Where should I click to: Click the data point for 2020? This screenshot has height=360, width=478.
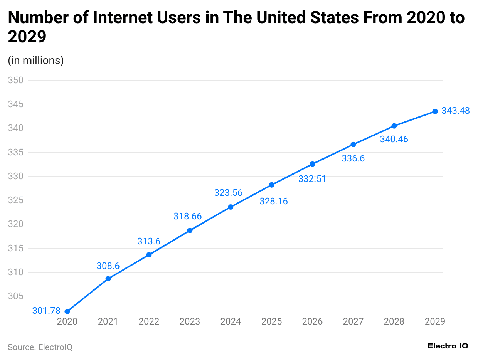tap(67, 311)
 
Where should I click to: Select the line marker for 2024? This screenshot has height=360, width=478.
tap(231, 207)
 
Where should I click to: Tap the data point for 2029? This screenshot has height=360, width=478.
tap(435, 111)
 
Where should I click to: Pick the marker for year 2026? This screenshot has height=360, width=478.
tap(312, 164)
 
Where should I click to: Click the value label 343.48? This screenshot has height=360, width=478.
tap(456, 111)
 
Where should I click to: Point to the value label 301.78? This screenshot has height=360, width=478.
tap(46, 311)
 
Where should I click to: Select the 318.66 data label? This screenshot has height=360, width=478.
tap(187, 217)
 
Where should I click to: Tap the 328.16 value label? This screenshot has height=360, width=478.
tap(273, 201)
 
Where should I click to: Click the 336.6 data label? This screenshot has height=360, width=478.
tap(353, 159)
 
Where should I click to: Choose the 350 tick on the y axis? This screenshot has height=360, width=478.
tap(15, 80)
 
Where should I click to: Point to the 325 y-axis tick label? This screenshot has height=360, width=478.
tap(15, 200)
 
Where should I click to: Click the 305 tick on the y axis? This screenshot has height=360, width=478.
tap(15, 296)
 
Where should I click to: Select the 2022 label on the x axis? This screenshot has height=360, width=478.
tap(149, 321)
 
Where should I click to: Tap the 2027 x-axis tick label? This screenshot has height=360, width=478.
tap(353, 321)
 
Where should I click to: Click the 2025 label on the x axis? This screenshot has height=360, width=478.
tap(271, 321)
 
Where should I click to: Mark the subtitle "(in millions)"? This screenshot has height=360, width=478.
tap(35, 61)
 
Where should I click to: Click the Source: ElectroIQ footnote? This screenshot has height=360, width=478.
tap(40, 347)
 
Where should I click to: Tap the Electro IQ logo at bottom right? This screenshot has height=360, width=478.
tap(448, 346)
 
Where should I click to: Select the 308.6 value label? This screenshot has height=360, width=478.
tap(108, 266)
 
